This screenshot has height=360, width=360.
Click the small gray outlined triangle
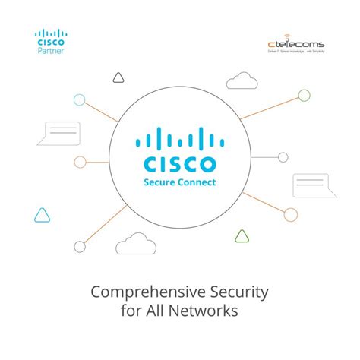(117, 77)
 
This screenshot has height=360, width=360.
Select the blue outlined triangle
(42, 215)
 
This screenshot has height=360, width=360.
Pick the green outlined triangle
(242, 235)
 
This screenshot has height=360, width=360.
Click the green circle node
(304, 96)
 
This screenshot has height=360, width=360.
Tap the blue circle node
(79, 99)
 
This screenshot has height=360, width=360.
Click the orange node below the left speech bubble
(80, 161)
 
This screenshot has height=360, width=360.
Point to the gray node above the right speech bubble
(283, 157)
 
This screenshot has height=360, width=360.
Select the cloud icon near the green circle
(242, 80)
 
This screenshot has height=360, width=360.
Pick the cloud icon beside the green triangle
(132, 243)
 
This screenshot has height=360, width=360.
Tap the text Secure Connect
(179, 182)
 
